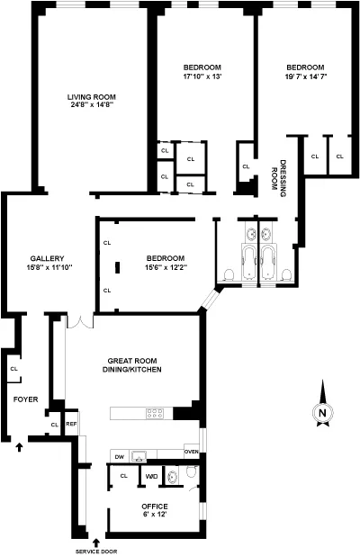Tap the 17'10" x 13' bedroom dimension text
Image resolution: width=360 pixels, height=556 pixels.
click(x=202, y=76)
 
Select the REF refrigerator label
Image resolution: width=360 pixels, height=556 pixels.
click(x=71, y=425)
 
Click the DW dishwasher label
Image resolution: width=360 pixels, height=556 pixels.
click(x=119, y=455)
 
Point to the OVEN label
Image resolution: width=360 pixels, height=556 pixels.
click(x=191, y=451)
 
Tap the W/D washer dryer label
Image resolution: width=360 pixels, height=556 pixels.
click(x=152, y=476)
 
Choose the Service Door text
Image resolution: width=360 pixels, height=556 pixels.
click(x=97, y=552)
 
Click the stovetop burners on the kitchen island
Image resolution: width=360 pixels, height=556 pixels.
click(x=154, y=414)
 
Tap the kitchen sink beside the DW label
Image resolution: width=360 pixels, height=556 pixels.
click(x=139, y=455)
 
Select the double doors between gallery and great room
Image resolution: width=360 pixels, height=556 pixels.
click(x=78, y=320)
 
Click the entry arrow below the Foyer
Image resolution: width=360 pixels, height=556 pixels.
click(x=21, y=444)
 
